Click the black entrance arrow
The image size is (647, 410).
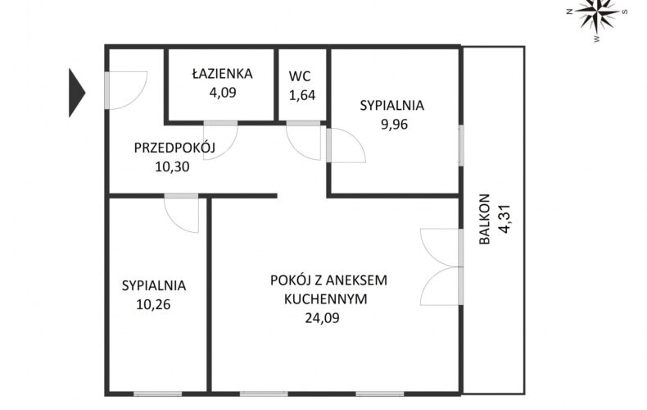(x=76, y=93)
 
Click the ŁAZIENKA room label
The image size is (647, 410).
(x=223, y=73)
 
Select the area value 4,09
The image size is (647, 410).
(x=223, y=92)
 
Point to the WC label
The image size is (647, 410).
(x=300, y=76)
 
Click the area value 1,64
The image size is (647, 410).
(x=302, y=95)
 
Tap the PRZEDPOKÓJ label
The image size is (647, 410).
(x=174, y=147)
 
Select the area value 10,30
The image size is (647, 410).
(x=173, y=166)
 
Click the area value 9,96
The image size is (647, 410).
(x=394, y=124)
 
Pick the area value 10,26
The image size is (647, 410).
(x=153, y=304)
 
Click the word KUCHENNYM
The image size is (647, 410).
(x=326, y=298)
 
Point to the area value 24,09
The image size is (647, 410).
(x=322, y=317)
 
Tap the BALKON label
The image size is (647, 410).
(x=484, y=219)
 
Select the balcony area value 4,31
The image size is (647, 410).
(x=504, y=219)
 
